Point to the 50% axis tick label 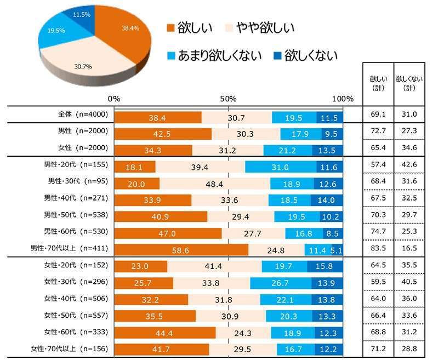tap(228, 99)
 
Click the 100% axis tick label tap(343, 99)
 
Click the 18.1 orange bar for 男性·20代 tap(135, 166)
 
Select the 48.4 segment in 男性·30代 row tap(214, 183)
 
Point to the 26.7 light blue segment tap(281, 283)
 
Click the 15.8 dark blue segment tap(327, 266)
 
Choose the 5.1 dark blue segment tap(337, 250)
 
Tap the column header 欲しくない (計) tap(409, 83)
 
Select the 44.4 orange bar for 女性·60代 tap(164, 333)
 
